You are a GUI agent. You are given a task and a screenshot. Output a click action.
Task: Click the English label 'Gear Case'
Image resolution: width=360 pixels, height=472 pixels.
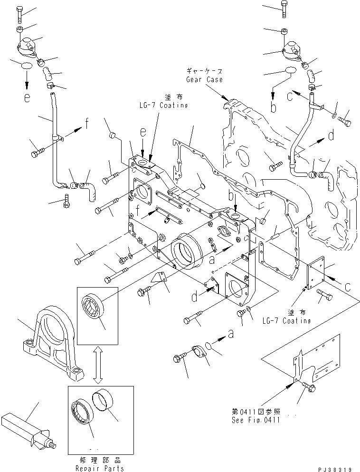204,79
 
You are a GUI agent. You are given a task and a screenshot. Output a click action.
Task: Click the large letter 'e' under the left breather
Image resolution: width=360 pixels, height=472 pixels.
27,98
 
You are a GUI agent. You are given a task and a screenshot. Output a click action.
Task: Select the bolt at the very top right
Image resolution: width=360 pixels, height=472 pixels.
283,9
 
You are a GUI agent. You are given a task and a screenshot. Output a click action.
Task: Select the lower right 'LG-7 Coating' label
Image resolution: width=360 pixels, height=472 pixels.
286,321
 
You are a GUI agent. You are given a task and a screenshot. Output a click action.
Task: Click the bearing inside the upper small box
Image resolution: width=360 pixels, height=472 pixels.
94,309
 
